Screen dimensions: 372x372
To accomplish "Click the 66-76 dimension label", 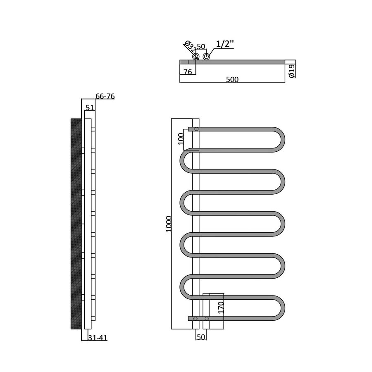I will [x=105, y=96].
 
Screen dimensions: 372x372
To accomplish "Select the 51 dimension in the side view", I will [x=90, y=107].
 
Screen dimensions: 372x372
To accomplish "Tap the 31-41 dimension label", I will [x=98, y=338].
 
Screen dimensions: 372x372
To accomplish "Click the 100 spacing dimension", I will [x=181, y=138].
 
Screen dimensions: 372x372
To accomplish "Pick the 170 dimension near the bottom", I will [x=221, y=308].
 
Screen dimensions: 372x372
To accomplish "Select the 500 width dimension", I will [x=232, y=79].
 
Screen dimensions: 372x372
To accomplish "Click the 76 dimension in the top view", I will [x=187, y=72].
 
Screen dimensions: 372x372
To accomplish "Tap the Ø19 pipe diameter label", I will [x=291, y=71].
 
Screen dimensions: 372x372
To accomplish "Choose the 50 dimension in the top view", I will [x=201, y=45].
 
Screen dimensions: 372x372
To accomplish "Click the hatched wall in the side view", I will [x=76, y=224].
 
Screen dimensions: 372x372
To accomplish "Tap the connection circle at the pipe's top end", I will [x=196, y=129].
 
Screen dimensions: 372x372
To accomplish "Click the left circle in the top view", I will [x=196, y=57].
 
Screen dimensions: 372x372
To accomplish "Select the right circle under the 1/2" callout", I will [x=206, y=57].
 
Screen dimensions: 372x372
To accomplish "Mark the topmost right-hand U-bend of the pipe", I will [x=281, y=138].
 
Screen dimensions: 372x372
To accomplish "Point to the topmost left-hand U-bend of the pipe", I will [x=184, y=160].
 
